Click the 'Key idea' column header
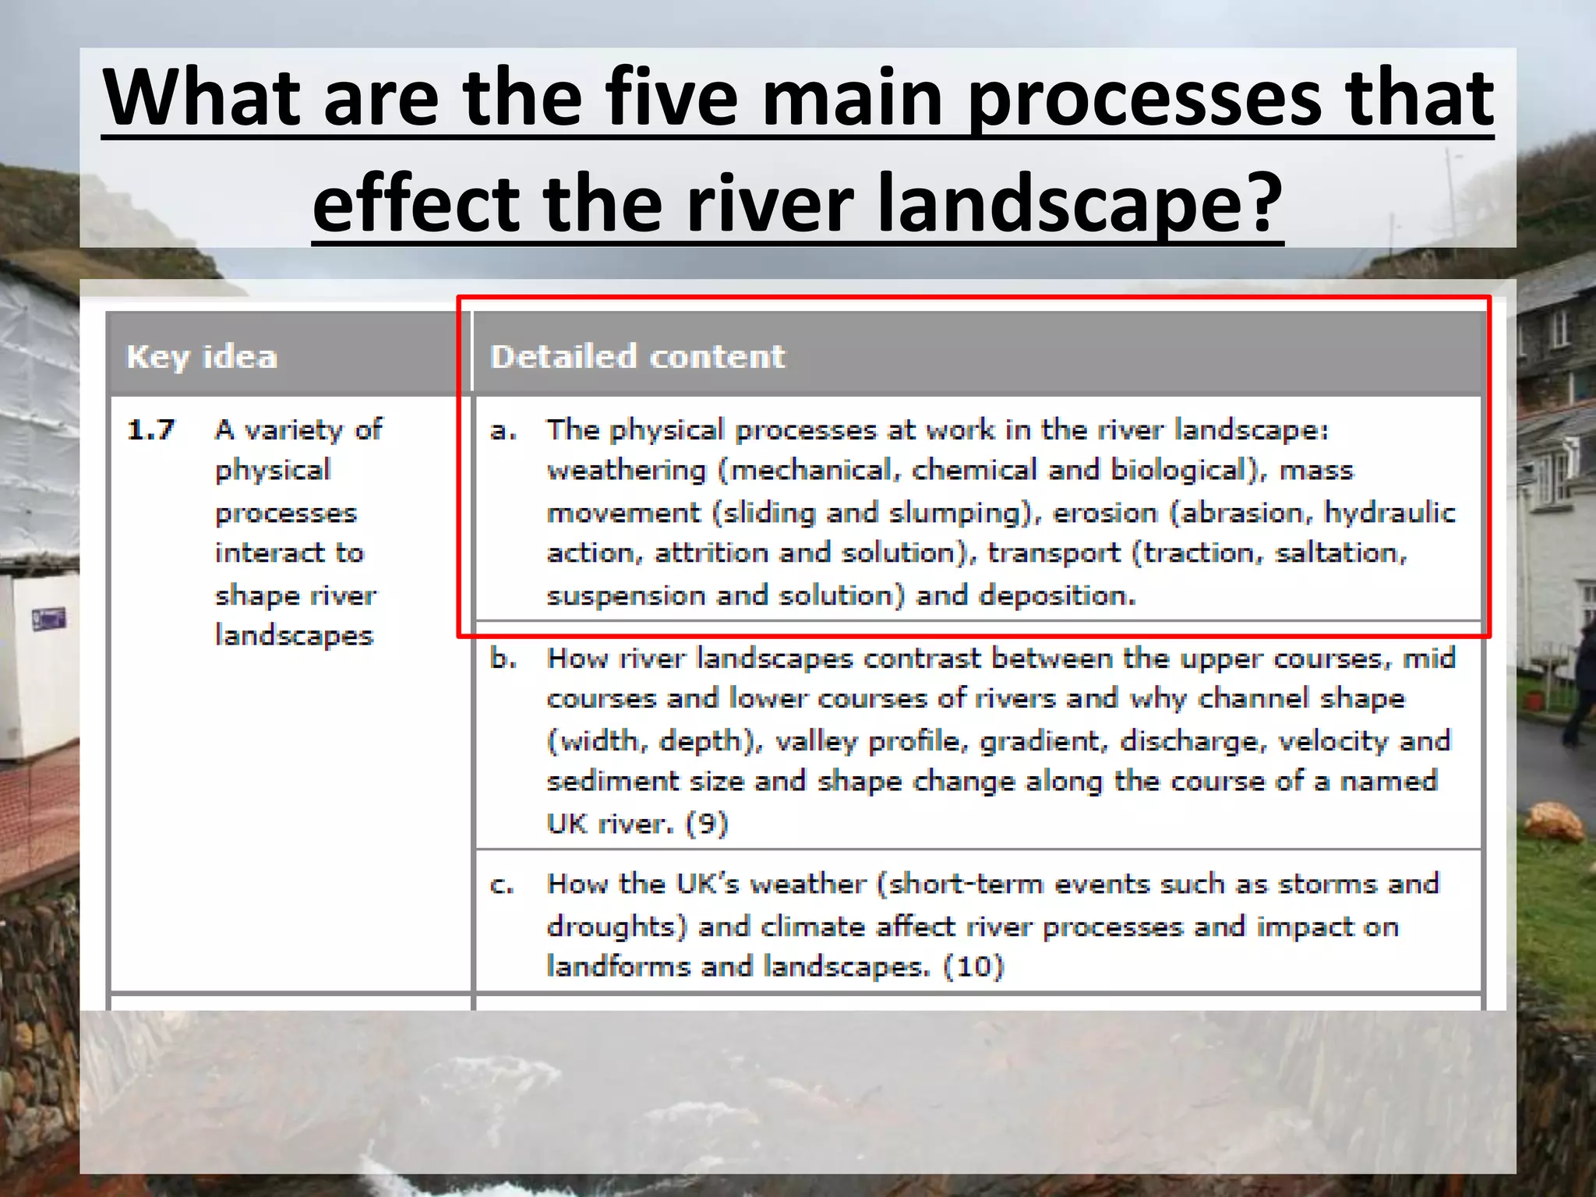[x=202, y=357]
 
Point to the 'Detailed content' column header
[x=637, y=357]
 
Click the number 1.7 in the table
[x=151, y=429]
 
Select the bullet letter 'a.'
[x=503, y=429]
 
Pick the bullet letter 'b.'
[x=503, y=659]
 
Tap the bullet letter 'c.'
[x=502, y=885]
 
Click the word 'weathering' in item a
[x=626, y=471]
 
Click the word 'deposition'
[x=1057, y=595]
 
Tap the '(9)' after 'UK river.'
[x=706, y=823]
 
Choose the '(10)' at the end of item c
[x=973, y=966]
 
